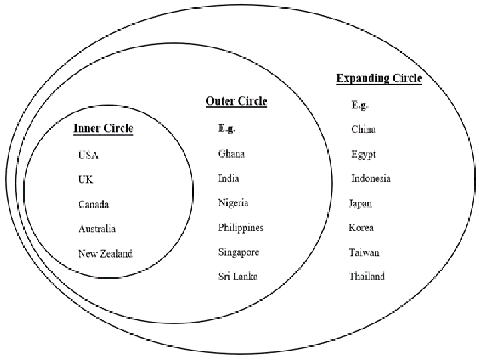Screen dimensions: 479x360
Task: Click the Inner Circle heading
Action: coord(103,128)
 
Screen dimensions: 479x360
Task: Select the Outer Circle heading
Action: coord(236,101)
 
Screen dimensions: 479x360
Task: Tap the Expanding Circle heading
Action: coord(379,78)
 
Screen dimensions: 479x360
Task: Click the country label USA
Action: coord(88,155)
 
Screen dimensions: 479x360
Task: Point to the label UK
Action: coord(86,180)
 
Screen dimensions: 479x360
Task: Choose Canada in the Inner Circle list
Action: coord(94,204)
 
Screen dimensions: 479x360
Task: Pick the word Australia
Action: coord(97,229)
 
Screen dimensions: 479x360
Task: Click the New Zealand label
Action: coord(105,254)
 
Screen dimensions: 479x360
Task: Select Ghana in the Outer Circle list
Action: coord(232,154)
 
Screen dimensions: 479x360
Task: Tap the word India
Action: coord(228,178)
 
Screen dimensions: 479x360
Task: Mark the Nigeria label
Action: coord(233,203)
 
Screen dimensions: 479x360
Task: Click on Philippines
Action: coord(241,228)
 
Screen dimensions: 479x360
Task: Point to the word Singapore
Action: coord(239,252)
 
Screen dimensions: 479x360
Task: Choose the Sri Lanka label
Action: coord(238,277)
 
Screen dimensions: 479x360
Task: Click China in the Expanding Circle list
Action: coord(363,129)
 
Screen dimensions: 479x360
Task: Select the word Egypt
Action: coord(363,154)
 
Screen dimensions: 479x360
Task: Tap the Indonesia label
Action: coord(371,178)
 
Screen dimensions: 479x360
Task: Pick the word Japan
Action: coord(360,204)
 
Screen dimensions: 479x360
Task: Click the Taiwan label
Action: coord(364,252)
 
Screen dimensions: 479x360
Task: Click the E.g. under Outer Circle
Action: coord(226,128)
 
